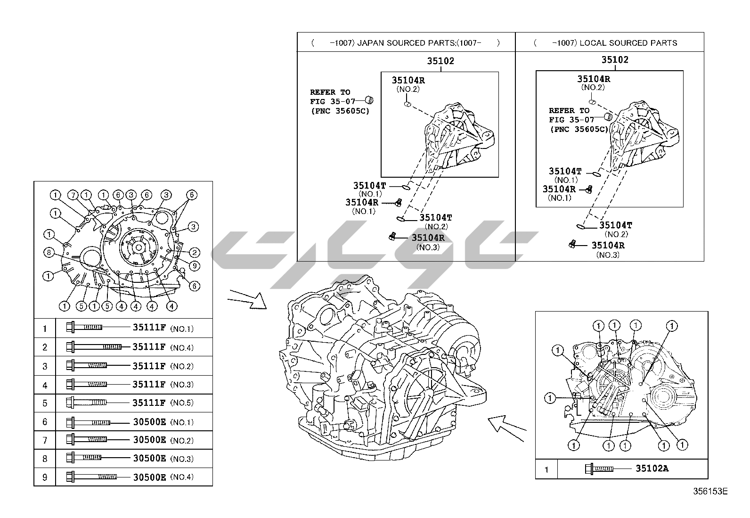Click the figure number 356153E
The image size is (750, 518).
click(710, 492)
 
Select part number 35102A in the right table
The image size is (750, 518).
click(652, 469)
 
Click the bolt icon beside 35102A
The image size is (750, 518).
click(599, 469)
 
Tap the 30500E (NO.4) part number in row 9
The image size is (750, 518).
click(149, 477)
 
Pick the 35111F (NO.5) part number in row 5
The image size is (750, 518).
click(149, 403)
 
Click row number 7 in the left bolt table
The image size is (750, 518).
click(45, 441)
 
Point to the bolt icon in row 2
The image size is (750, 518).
click(94, 347)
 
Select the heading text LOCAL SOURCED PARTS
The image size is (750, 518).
click(628, 43)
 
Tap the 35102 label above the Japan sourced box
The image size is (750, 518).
click(440, 61)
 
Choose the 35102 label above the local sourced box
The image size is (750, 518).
click(614, 60)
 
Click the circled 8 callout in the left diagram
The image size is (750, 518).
click(49, 252)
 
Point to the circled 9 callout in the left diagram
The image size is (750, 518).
click(195, 266)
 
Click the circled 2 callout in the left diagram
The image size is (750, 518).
click(195, 253)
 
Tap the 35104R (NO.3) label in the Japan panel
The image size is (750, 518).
click(428, 238)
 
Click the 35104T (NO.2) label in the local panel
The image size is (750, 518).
click(615, 225)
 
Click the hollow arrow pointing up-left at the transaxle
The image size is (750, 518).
click(506, 426)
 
